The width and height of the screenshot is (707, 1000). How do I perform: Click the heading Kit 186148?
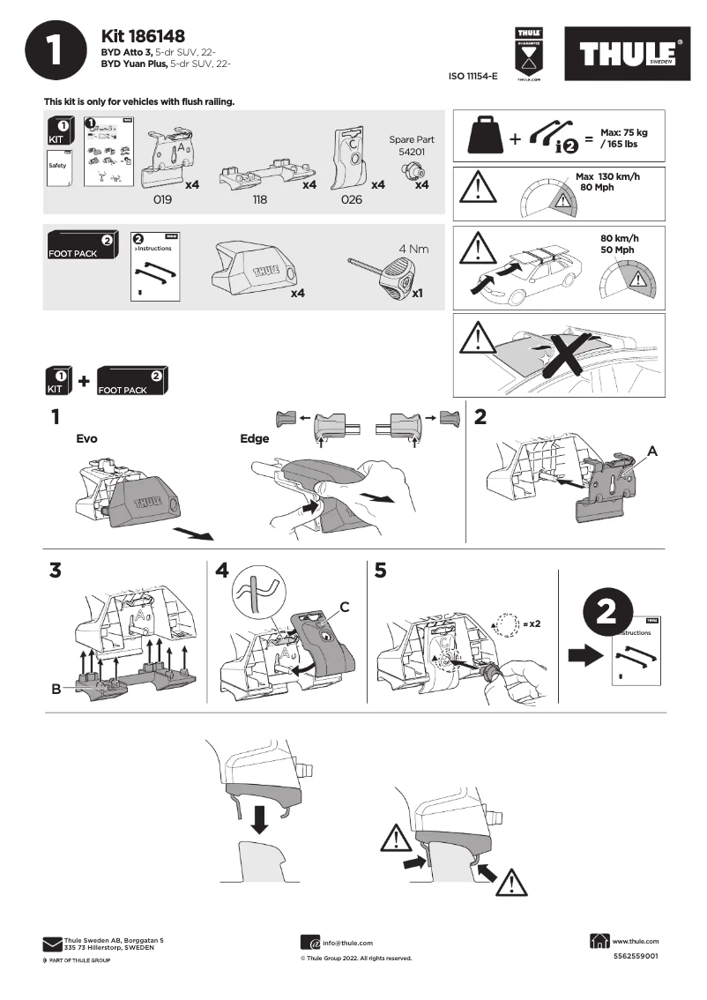pos(143,36)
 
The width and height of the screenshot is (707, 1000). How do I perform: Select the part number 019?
pos(162,200)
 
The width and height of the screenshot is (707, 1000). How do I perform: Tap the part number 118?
pos(259,200)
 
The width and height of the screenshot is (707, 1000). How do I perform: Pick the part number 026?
pos(351,200)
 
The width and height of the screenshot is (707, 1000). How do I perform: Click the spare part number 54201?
pos(411,153)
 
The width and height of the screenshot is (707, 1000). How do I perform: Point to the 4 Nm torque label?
pos(413,249)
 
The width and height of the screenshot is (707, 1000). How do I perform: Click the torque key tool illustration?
pos(381,274)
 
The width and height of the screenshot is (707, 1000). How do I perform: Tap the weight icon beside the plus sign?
pos(486,137)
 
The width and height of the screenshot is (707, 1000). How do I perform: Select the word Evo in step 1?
pos(86,437)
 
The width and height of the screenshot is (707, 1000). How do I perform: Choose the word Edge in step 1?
pos(255,437)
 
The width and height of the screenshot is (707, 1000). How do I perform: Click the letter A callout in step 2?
pos(652,450)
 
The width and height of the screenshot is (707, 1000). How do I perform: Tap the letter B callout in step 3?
pos(56,689)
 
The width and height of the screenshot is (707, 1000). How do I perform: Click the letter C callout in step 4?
pos(345,606)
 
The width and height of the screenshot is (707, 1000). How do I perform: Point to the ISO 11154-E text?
pos(473,78)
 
